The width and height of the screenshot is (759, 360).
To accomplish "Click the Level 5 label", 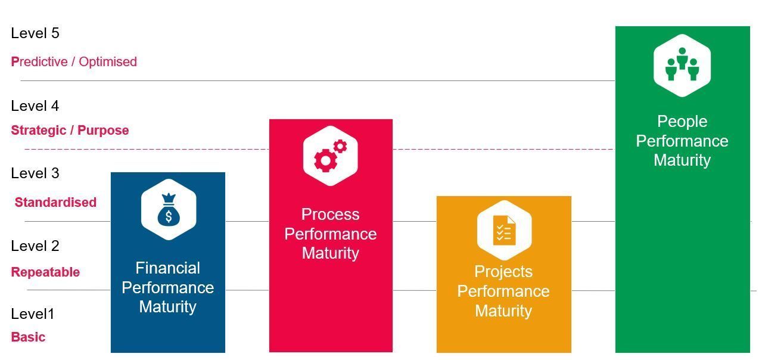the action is [35, 33].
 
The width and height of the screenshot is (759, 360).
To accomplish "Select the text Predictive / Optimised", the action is [74, 62].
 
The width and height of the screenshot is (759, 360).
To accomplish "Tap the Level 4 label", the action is [35, 105].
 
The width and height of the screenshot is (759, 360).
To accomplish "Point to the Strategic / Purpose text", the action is [70, 130].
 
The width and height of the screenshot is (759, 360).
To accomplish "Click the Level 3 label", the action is [35, 173].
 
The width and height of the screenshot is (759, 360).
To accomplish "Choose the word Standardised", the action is [55, 202].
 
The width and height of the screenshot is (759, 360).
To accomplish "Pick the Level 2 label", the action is [35, 246].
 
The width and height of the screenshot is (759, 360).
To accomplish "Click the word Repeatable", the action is [45, 272].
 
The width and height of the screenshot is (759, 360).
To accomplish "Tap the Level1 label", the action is [33, 314].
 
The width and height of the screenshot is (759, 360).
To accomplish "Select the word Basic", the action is [28, 337].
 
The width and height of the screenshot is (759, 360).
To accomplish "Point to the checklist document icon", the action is [504, 230].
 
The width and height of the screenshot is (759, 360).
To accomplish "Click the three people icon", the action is [682, 64].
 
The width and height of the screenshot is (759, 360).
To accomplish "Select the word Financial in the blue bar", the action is [168, 268].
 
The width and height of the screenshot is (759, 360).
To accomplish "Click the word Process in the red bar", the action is [331, 214].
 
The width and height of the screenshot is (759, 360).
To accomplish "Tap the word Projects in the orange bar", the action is [503, 272].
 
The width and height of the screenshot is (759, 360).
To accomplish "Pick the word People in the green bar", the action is [682, 122].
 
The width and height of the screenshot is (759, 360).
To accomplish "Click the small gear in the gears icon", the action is [340, 147].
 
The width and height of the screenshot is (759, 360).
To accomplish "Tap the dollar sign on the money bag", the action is [169, 216].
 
